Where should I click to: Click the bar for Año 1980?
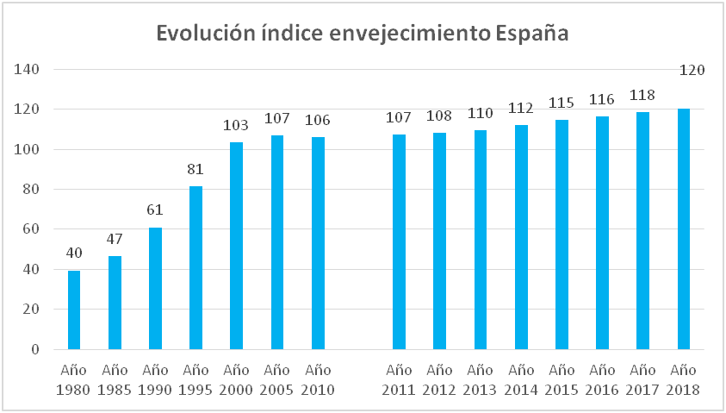pyautogui.click(x=74, y=310)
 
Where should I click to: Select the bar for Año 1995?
pyautogui.click(x=195, y=268)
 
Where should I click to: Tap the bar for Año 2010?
pyautogui.click(x=318, y=243)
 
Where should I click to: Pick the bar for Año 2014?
pyautogui.click(x=520, y=237)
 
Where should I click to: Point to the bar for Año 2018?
pyautogui.click(x=684, y=229)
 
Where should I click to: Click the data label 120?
pyautogui.click(x=692, y=70)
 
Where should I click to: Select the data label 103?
pyautogui.click(x=236, y=126)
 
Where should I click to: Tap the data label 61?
pyautogui.click(x=155, y=210)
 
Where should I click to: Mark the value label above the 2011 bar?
pyautogui.click(x=399, y=118)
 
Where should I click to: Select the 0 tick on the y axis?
pyautogui.click(x=35, y=349)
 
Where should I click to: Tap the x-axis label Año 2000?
pyautogui.click(x=236, y=379)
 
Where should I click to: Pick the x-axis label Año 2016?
pyautogui.click(x=602, y=379)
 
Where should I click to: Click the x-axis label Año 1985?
pyautogui.click(x=115, y=379)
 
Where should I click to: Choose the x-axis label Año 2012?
pyautogui.click(x=439, y=379)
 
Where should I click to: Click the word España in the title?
pyautogui.click(x=533, y=34)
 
